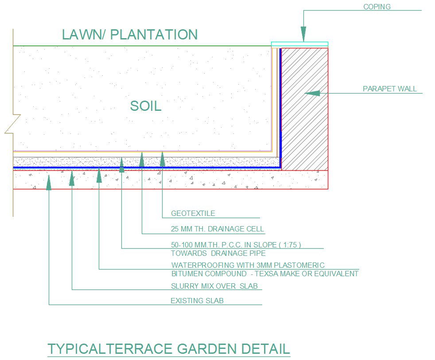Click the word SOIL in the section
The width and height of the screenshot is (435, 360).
[x=145, y=106]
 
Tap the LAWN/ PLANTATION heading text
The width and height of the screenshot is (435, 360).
[x=129, y=35]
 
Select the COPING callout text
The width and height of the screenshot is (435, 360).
[x=377, y=7]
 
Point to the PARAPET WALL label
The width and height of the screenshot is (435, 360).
[x=389, y=89]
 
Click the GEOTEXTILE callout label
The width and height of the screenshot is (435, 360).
[x=193, y=213]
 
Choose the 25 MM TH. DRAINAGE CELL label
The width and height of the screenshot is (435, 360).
[x=217, y=229]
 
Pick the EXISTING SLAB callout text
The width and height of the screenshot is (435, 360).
[x=197, y=301]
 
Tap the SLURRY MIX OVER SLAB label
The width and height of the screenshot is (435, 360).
[x=214, y=286]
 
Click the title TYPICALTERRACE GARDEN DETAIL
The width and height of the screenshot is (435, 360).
[x=168, y=348]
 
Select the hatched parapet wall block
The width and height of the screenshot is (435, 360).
[x=305, y=109]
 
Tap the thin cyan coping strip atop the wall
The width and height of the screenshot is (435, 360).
[x=299, y=44]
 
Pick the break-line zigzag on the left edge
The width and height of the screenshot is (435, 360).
[x=13, y=124]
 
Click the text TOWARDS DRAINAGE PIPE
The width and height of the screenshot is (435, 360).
[x=218, y=254]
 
